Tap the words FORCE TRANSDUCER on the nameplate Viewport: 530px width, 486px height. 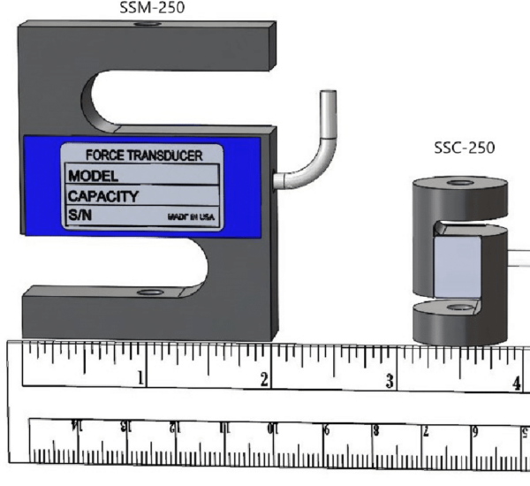click(143, 156)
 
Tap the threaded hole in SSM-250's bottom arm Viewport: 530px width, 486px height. click(148, 292)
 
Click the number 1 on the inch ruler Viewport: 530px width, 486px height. click(139, 380)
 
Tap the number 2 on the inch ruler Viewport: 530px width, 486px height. click(263, 381)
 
